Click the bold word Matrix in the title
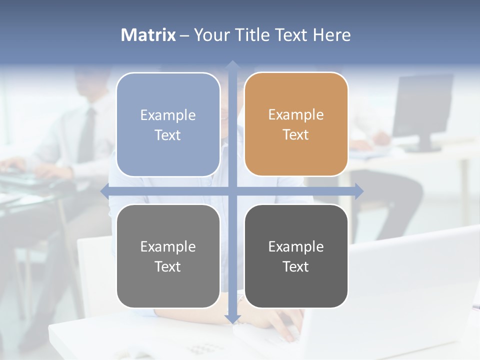pos(148,35)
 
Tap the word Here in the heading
pos(331,35)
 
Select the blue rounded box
pos(168,124)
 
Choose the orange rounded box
pos(296,124)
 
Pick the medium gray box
pos(168,256)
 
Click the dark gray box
pos(296,256)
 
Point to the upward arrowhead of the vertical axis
pos(232,64)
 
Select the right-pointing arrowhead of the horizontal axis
pos(359,191)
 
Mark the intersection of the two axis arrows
pos(232,191)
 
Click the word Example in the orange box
pos(296,114)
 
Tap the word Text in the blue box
pos(168,135)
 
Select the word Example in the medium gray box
pos(168,246)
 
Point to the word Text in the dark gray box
pos(296,266)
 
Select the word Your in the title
pos(211,35)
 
